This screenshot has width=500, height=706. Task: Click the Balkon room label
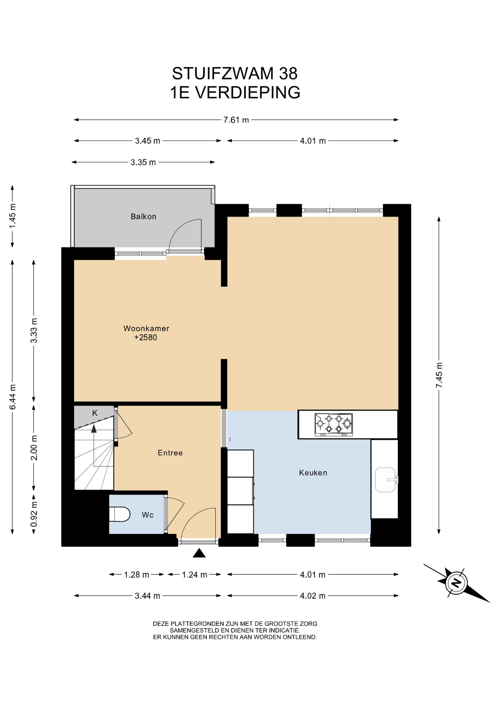pos(144,217)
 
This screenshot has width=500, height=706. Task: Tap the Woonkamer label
pos(146,328)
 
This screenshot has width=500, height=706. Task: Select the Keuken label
pos(313,473)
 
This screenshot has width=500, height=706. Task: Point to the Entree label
pos(170,453)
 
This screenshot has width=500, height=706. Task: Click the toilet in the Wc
pos(120,514)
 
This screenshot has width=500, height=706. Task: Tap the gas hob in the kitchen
pos(334,425)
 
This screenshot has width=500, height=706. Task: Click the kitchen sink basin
pos(385,480)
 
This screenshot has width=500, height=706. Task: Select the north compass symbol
pos(457,583)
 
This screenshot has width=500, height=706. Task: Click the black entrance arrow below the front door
pos(199,553)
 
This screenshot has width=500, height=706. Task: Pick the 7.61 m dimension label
pos(236,120)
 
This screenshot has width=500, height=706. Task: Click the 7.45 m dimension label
pos(439,375)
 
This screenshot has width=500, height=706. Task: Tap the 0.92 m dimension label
pos(34,514)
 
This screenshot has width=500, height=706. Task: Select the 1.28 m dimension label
pos(137,575)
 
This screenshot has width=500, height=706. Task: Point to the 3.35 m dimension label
pos(143,163)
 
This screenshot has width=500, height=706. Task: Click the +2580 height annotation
pos(145,338)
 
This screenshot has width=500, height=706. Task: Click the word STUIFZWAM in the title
pos(223,74)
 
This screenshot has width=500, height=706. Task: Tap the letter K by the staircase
pos(95,413)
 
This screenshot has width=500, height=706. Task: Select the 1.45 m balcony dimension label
pos(13,215)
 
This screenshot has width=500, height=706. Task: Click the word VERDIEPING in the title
pos(247,93)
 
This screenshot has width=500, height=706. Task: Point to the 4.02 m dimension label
pos(313,596)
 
